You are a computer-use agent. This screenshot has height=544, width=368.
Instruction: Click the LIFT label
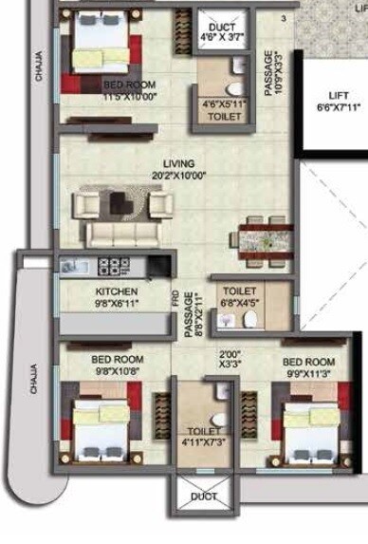coord(339,96)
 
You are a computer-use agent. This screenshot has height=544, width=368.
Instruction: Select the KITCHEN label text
coord(117,291)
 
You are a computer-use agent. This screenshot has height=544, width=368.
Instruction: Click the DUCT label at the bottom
coord(204,497)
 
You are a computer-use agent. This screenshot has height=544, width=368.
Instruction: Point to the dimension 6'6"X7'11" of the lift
coord(339,108)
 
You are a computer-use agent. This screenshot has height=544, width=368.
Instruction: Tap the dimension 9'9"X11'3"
coord(308,373)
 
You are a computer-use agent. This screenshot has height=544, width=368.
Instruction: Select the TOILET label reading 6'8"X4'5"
coord(240,291)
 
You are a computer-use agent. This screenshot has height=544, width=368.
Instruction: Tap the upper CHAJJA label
coord(39,66)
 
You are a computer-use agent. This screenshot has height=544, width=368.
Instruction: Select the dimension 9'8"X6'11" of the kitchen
coord(117,304)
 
